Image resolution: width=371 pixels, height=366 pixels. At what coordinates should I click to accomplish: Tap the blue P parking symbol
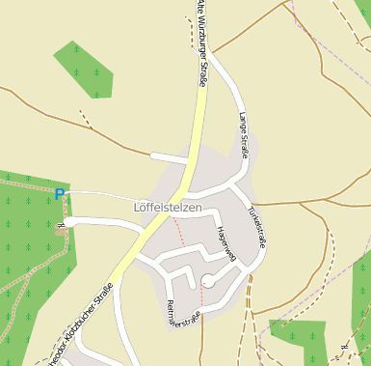(60, 194)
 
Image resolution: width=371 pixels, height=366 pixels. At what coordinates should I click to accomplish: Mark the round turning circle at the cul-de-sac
(207, 281)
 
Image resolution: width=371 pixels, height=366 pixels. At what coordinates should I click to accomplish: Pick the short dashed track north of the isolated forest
(85, 120)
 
